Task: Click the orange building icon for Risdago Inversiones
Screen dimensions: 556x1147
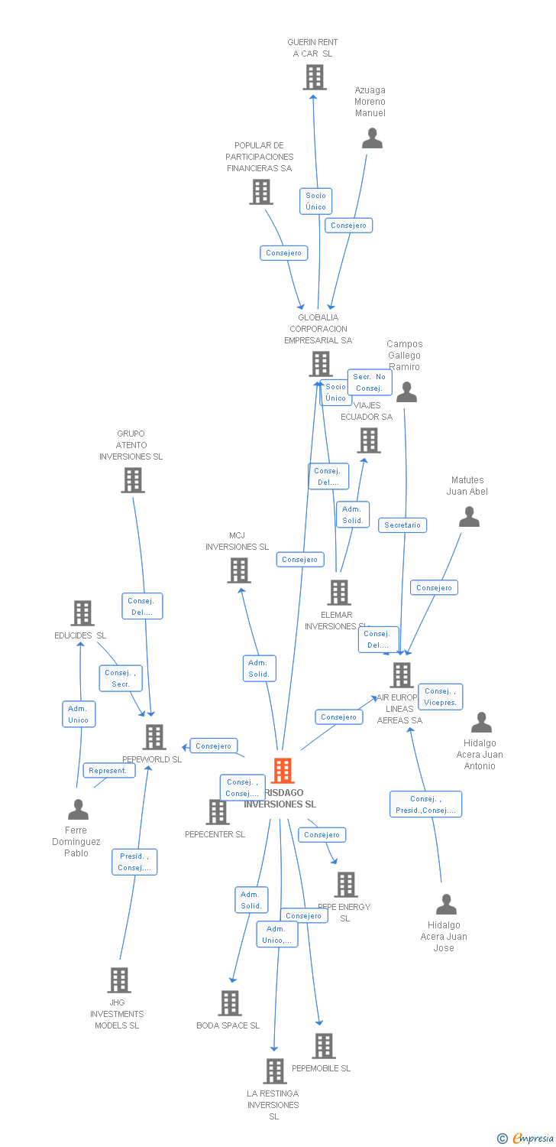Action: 283,771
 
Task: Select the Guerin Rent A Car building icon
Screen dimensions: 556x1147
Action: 315,77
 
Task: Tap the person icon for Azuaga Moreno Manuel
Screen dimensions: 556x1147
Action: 372,138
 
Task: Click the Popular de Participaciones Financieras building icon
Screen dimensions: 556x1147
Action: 261,192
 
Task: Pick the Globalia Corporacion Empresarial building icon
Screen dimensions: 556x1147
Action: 321,364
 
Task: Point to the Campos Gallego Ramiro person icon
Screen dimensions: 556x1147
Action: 406,392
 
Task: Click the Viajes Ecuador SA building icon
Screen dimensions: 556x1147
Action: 369,440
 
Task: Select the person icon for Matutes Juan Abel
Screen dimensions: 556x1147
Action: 469,518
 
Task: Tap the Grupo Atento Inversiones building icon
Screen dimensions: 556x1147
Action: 133,480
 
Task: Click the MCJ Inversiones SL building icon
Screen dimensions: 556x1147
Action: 239,570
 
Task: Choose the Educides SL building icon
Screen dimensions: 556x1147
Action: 82,613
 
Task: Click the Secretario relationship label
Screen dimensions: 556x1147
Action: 402,525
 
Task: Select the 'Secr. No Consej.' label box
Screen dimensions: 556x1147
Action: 370,382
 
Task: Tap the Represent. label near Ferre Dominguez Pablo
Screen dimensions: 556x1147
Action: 108,771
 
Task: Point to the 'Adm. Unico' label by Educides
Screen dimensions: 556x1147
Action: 79,714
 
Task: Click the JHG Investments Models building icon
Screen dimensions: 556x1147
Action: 119,980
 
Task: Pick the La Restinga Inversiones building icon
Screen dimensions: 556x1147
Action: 275,1071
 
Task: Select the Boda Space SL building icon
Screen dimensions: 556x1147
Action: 230,1003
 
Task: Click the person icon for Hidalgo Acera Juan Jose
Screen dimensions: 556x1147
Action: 446,905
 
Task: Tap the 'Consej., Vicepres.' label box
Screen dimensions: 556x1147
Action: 440,697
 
